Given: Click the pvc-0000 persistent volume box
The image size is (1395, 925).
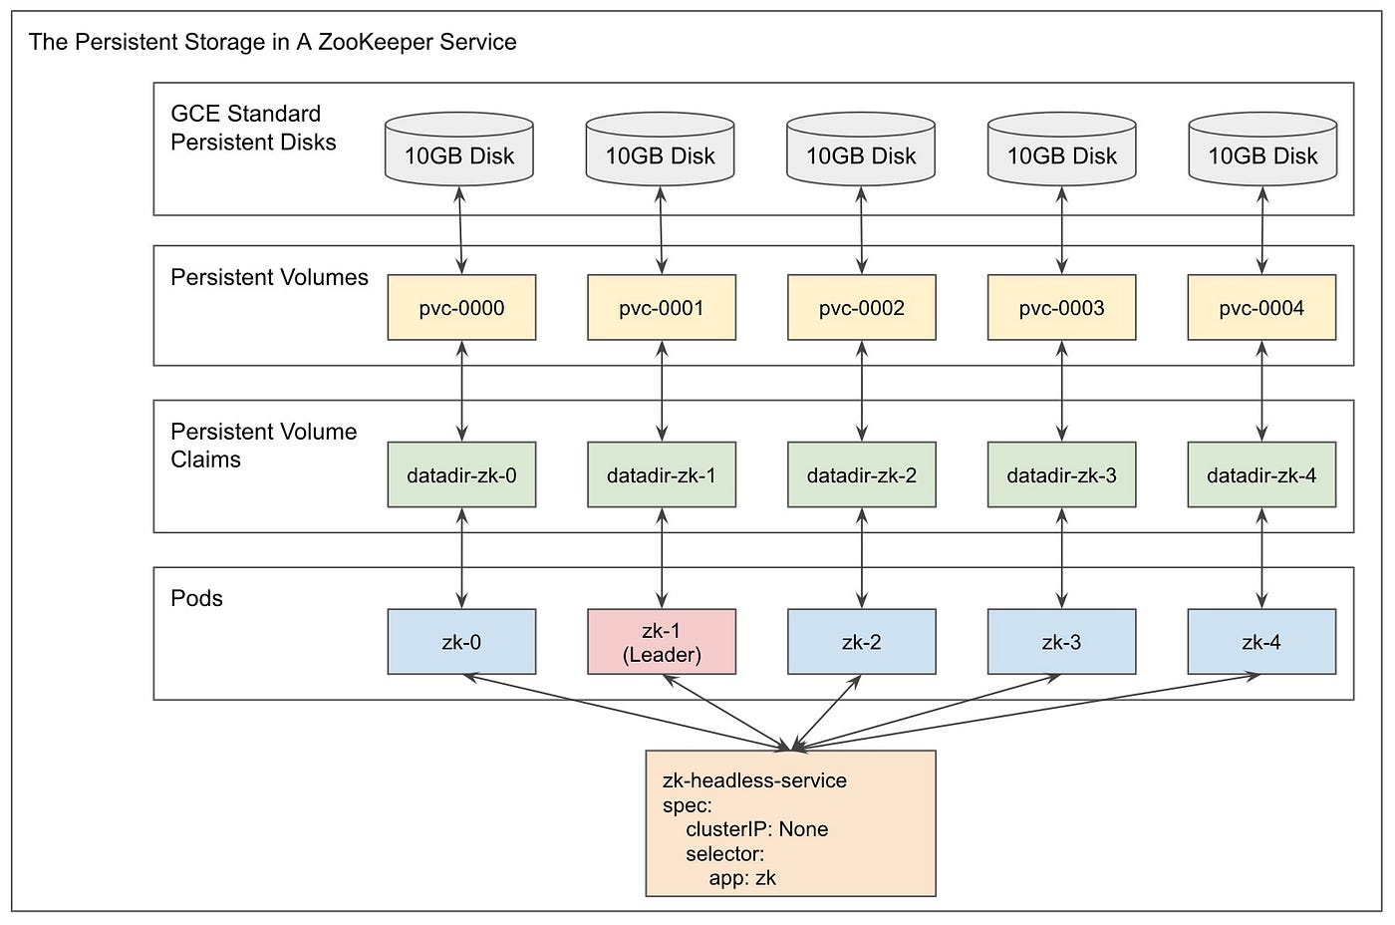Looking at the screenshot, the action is [461, 307].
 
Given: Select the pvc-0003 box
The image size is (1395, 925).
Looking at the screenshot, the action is [1062, 307].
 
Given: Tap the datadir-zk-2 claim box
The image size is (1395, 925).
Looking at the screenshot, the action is [862, 474].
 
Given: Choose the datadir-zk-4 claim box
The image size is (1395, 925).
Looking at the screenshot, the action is [1261, 474].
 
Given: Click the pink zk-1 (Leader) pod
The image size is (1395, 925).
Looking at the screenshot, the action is [662, 642].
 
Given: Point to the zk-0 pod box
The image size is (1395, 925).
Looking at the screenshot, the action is [461, 642].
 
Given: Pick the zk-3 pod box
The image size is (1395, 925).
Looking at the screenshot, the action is [1062, 642].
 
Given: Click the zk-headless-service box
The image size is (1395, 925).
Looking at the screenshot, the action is [791, 823].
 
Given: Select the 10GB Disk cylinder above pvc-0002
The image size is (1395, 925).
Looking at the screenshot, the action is [861, 149].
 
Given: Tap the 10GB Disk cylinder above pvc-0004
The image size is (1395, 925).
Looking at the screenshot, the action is [1263, 149].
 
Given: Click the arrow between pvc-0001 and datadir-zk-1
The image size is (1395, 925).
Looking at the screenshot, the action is [662, 391].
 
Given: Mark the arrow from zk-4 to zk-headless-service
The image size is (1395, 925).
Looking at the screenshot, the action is [1026, 711].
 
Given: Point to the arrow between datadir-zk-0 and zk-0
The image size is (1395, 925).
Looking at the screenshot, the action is [461, 558].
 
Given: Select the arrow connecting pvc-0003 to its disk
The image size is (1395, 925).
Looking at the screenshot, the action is [1062, 230].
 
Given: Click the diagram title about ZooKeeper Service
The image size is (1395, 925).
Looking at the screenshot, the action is [273, 42].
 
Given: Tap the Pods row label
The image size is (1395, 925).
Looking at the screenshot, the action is [197, 598].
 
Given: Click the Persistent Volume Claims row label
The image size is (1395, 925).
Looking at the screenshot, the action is [263, 445].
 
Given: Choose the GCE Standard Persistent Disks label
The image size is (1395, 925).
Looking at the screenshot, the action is [253, 128].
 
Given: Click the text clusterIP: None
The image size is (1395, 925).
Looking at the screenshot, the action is [756, 829].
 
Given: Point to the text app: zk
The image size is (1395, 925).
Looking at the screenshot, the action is [742, 878].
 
